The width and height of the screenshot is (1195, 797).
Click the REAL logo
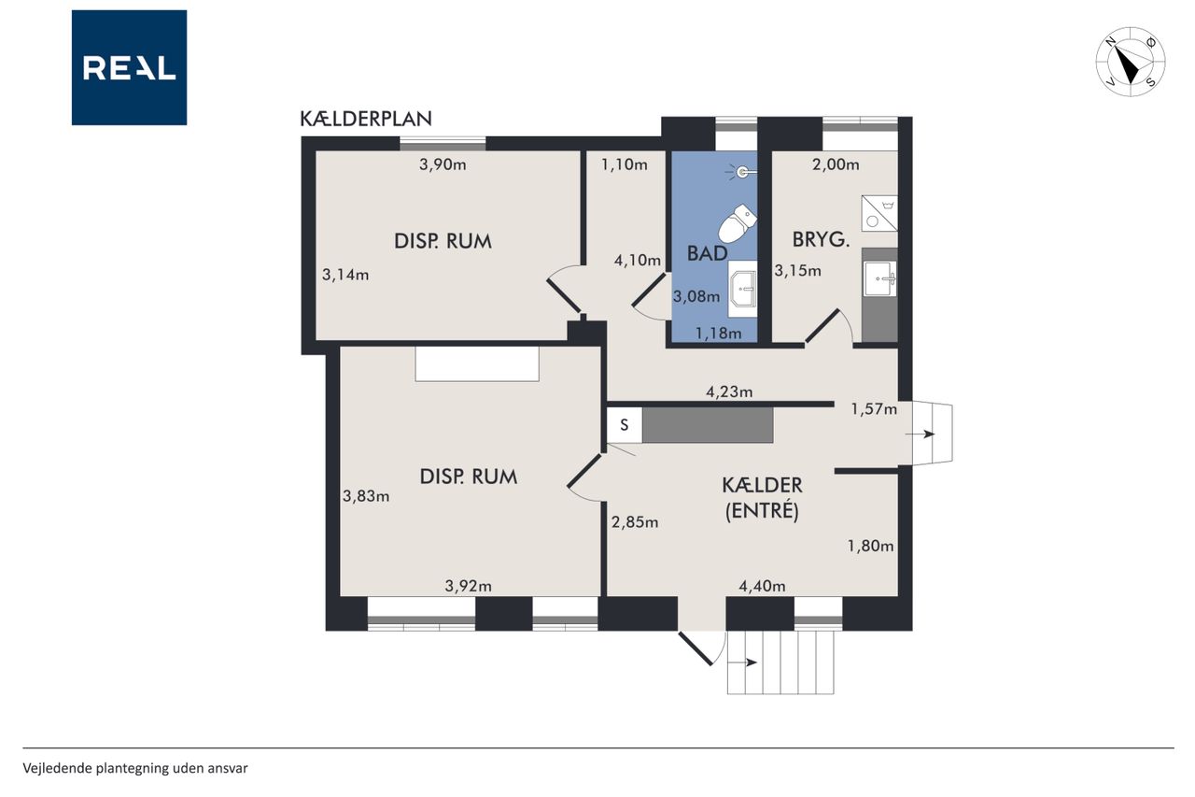click(129, 68)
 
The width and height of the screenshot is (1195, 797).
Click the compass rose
click(1131, 62)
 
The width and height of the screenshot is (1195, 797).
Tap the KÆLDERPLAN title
click(366, 119)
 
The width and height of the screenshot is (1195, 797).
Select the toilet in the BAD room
click(738, 223)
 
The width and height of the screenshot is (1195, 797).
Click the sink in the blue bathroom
click(742, 290)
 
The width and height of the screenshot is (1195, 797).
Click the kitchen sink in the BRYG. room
click(880, 278)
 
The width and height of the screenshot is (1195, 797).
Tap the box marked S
click(625, 425)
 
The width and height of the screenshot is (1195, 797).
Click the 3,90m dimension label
click(443, 165)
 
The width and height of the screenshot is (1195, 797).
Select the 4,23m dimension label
click(729, 392)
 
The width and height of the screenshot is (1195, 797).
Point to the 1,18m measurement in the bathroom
click(718, 334)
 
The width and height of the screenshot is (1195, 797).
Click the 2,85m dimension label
click(635, 522)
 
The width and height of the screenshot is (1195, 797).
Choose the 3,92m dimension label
click(469, 586)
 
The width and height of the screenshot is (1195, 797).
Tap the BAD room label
click(708, 253)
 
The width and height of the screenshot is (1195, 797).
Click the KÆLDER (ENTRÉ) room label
click(762, 498)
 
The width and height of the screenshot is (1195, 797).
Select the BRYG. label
click(821, 240)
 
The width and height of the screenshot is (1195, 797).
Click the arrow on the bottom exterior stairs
click(742, 663)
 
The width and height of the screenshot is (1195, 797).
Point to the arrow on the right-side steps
click(921, 434)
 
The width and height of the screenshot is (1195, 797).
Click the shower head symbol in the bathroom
click(742, 172)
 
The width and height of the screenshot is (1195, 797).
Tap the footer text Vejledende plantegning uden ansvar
click(135, 769)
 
